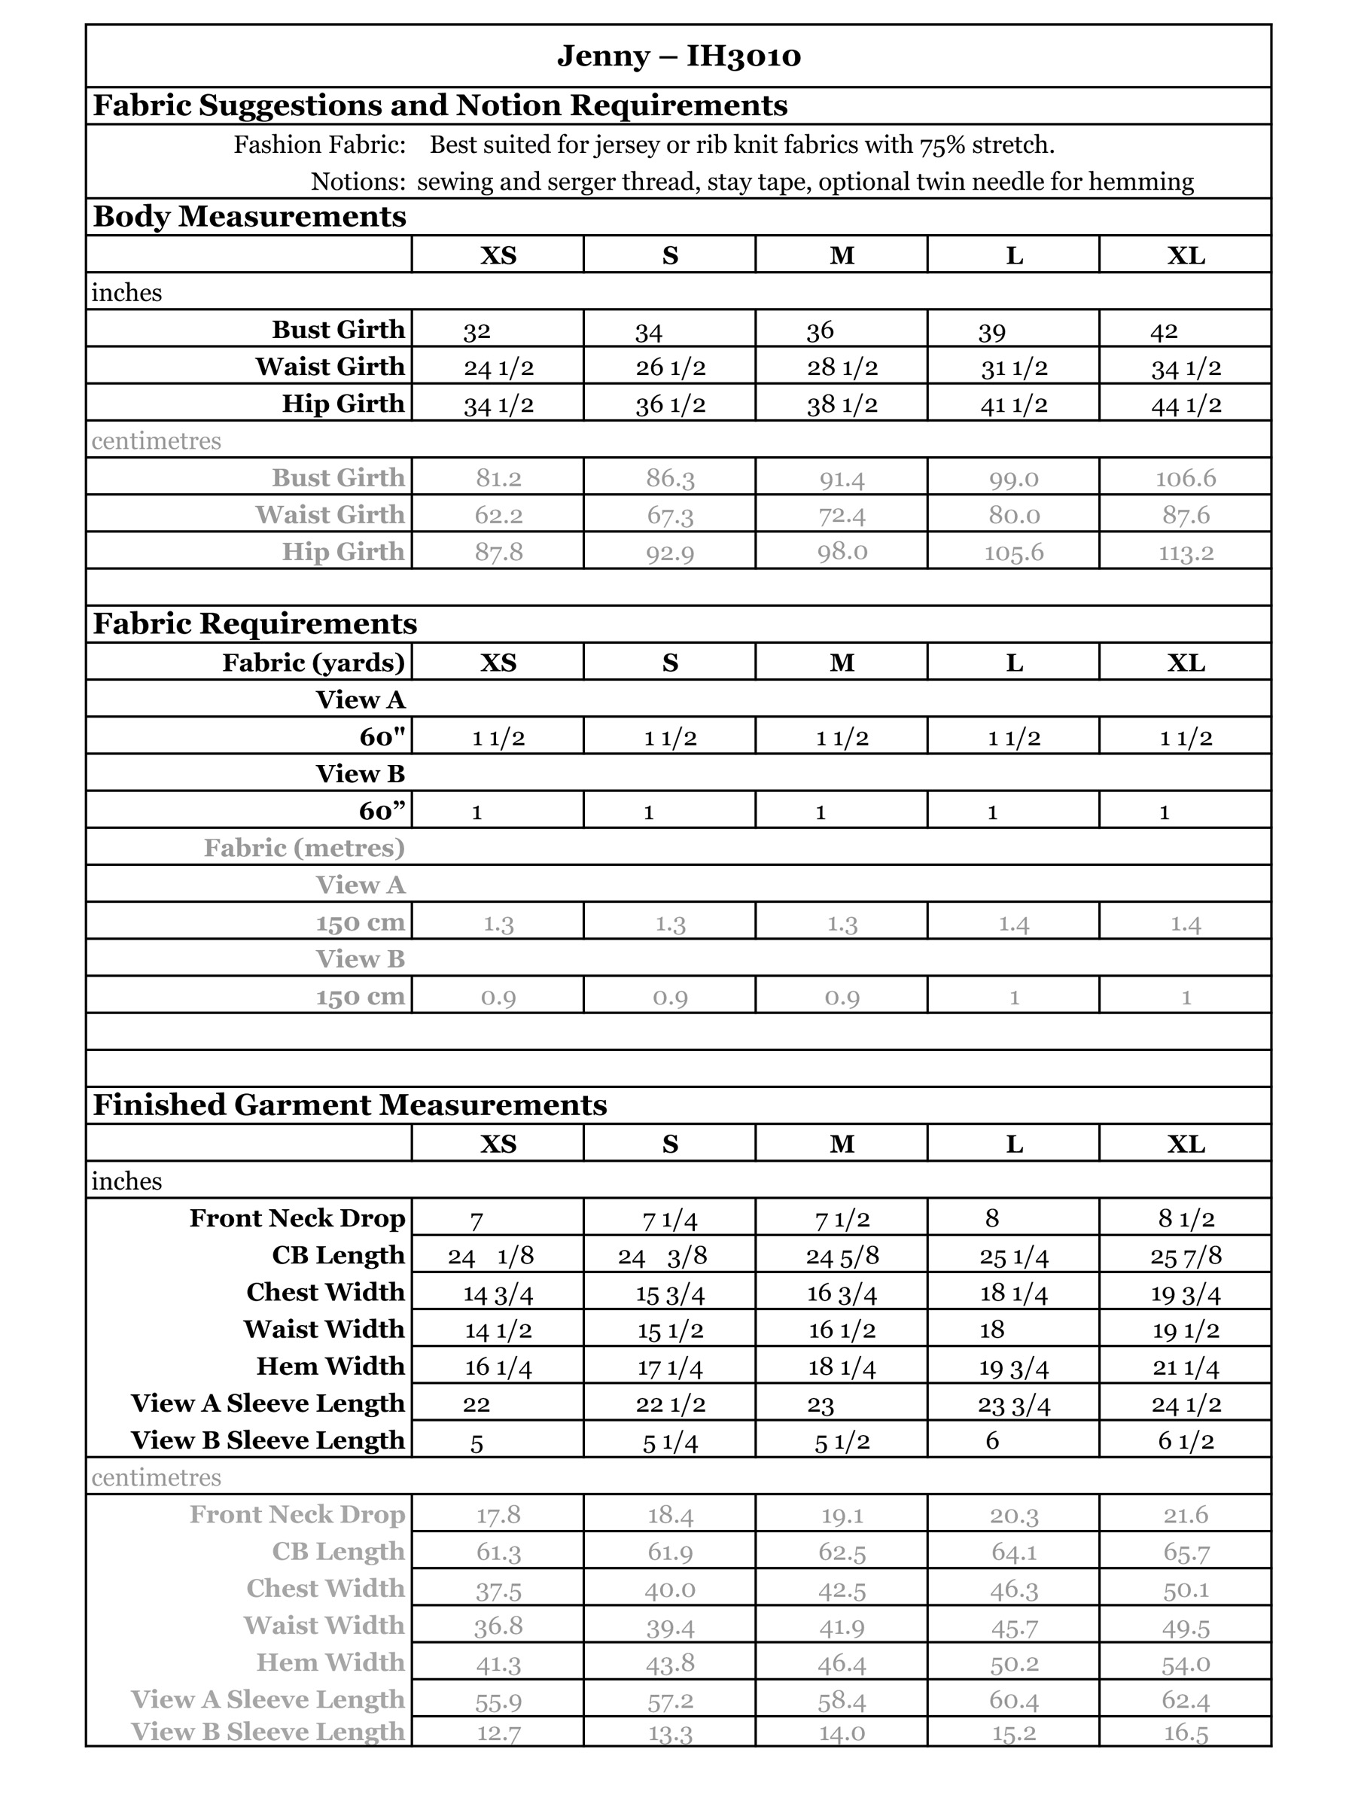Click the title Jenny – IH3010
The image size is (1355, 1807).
coord(678,56)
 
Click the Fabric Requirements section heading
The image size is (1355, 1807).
coord(255,623)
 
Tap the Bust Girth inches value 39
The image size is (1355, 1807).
coord(991,331)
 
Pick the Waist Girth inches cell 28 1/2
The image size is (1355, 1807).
coord(842,367)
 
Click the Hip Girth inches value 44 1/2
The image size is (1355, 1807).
coord(1186,404)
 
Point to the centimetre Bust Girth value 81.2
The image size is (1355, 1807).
coord(498,478)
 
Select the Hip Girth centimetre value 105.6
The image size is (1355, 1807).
coord(1013,552)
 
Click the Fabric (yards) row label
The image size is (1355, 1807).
coord(314,662)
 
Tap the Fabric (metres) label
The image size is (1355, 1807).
coord(304,848)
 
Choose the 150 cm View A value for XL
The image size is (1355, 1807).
coord(1185,924)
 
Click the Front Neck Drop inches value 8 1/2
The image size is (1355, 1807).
coord(1186,1219)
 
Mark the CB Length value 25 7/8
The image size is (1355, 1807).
coord(1186,1256)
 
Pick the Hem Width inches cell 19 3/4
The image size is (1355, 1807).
coord(1013,1367)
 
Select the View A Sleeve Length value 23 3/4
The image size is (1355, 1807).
coord(1013,1404)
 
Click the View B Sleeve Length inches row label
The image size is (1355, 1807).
coord(268,1440)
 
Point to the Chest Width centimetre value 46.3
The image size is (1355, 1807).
coord(1013,1589)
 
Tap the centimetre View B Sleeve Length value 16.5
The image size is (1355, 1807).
coord(1185,1732)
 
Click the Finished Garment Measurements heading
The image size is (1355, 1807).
coord(349,1105)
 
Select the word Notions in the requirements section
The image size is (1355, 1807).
coord(358,181)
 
